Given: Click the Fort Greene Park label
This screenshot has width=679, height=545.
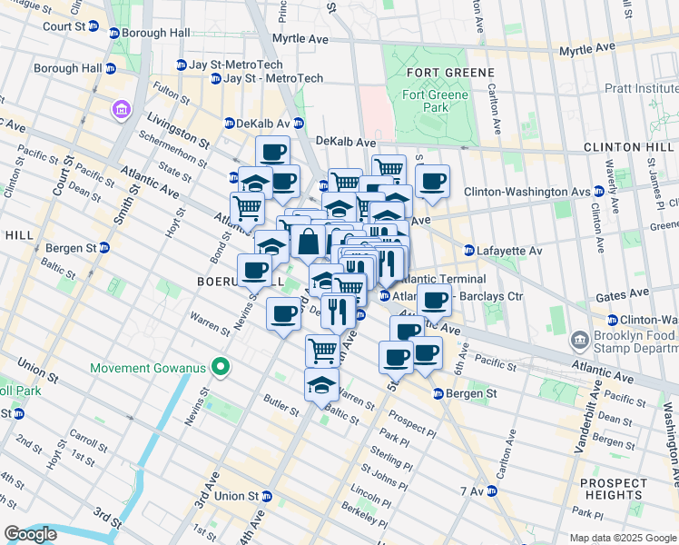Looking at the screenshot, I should tap(437, 101).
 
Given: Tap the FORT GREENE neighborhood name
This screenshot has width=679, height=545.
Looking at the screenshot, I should tap(438, 73).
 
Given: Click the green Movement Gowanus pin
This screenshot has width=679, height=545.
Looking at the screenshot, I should tap(219, 367).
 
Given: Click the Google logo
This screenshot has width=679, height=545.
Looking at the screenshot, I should tap(29, 534).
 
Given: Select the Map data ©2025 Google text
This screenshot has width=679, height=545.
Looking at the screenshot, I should tap(622, 538).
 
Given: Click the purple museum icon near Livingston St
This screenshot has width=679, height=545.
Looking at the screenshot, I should tap(121, 110).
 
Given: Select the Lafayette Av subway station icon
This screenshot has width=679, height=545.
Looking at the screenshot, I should tap(469, 251).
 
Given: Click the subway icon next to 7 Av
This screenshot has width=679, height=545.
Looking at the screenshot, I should tap(491, 491).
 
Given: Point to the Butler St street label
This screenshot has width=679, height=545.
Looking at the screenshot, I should tap(281, 405).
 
